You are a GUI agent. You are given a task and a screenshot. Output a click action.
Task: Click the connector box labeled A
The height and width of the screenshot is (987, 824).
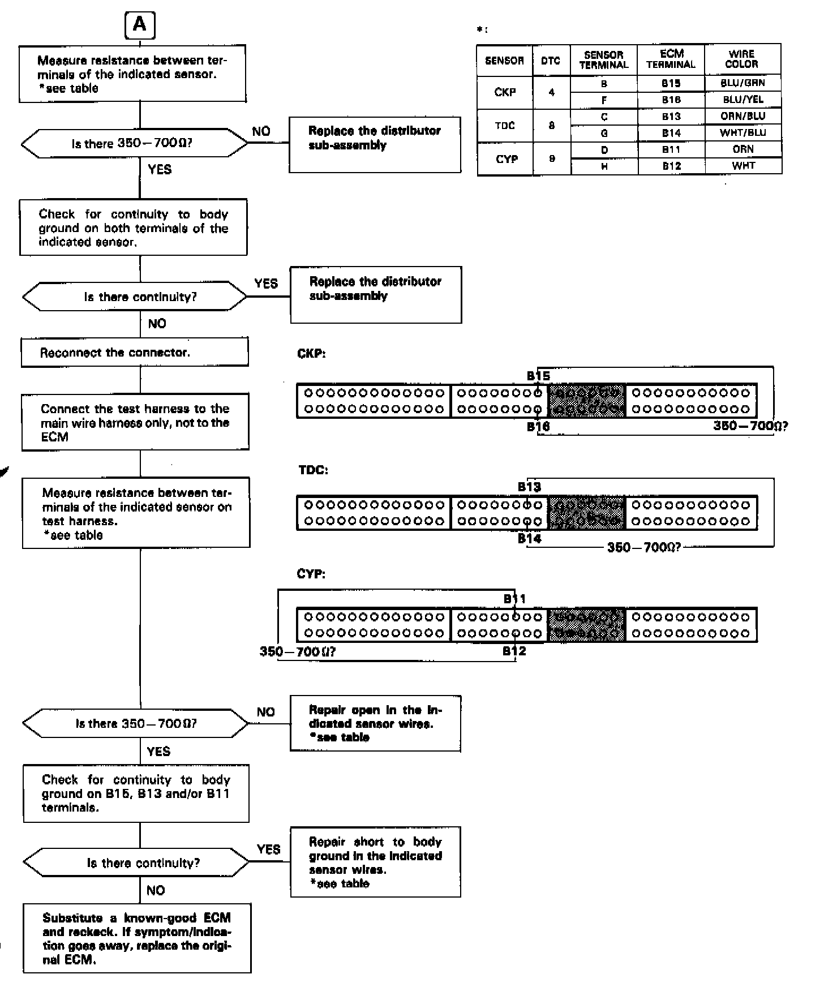[x=139, y=25]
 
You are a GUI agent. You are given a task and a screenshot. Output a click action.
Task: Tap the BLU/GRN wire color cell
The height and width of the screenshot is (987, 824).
[x=743, y=83]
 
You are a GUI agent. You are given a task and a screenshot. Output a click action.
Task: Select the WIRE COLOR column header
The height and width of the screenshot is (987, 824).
[x=742, y=59]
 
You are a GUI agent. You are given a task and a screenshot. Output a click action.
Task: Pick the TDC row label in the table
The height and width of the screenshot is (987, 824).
[x=505, y=125]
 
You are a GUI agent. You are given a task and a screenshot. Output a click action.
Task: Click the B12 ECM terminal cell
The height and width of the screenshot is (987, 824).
[x=671, y=166]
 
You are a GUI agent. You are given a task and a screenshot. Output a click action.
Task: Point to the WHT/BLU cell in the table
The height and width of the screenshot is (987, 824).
[x=743, y=133]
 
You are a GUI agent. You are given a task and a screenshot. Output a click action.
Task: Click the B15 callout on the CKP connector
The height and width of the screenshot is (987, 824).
[x=538, y=376]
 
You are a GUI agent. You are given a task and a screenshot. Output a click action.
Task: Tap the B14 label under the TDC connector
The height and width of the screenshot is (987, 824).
[x=529, y=539]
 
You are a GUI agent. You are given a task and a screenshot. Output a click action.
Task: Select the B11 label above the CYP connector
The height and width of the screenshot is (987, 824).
[x=515, y=599]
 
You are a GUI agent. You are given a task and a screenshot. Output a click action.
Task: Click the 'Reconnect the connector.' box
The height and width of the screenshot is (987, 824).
[x=135, y=353]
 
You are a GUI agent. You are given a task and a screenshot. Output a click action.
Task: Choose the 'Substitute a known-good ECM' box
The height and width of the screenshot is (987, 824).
[x=137, y=939]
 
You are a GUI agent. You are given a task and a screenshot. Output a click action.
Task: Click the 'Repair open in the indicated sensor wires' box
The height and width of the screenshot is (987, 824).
[x=375, y=723]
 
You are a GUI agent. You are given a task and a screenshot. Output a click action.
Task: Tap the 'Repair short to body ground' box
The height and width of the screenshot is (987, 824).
[x=375, y=862]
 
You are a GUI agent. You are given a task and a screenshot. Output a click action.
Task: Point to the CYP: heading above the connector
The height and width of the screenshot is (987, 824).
[x=311, y=574]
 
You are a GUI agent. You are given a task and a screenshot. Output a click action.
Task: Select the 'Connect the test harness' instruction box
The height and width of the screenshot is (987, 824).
[x=135, y=422]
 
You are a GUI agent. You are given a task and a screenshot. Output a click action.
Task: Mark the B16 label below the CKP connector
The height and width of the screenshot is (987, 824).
[x=538, y=427]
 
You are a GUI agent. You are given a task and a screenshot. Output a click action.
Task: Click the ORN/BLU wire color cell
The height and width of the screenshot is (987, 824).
[x=743, y=116]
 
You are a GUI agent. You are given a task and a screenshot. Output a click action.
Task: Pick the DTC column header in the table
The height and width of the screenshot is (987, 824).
[x=551, y=60]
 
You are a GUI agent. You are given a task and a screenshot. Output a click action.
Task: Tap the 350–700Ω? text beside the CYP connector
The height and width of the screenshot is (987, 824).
[x=298, y=651]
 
